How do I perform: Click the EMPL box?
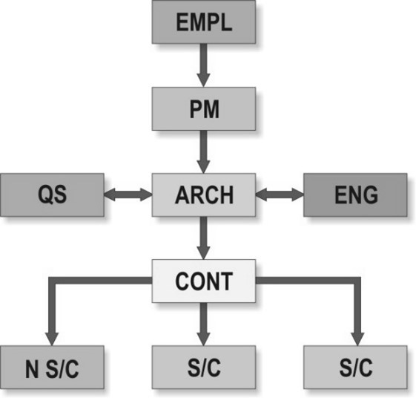[204, 22]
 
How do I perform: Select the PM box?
[204, 108]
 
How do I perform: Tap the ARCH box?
[204, 195]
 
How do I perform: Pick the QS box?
[52, 195]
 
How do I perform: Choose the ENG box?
[355, 195]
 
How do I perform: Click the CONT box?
[204, 281]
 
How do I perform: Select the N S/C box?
[52, 367]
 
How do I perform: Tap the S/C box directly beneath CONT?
[204, 367]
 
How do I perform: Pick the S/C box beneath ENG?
[355, 367]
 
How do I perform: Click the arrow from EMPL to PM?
[203, 65]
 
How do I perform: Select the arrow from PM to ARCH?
[203, 151]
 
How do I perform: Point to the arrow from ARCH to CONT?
[203, 238]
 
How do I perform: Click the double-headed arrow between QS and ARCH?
[128, 195]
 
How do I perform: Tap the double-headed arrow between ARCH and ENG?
[280, 195]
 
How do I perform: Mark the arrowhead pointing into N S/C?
[52, 339]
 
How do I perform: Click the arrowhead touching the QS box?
[110, 195]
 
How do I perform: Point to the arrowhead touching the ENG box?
[298, 195]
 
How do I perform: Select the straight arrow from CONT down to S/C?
[203, 324]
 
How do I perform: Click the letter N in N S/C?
[32, 368]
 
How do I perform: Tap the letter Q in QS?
[45, 195]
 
